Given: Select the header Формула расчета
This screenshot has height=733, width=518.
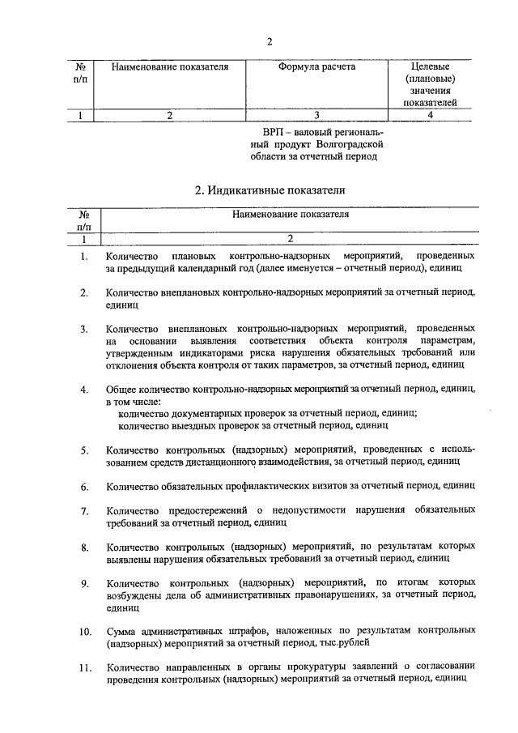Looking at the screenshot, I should (316, 67).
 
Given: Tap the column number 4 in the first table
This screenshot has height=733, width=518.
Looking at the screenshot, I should (430, 115).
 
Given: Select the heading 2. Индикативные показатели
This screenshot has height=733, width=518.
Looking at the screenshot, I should (270, 191).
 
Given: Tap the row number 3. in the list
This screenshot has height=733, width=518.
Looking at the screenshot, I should (83, 329).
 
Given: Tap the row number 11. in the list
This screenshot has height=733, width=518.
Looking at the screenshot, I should (83, 667).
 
